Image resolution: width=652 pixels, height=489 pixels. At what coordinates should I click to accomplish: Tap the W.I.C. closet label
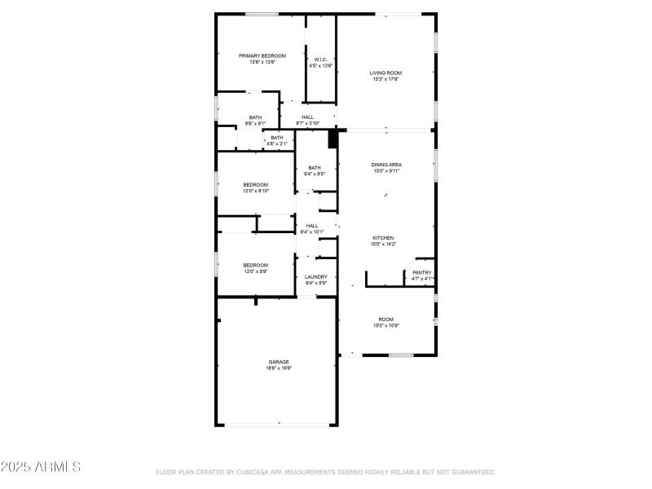point(320,59)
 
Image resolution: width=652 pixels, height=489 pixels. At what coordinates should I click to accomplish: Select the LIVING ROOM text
point(386,73)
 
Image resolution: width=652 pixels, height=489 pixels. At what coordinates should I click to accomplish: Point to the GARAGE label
point(279,362)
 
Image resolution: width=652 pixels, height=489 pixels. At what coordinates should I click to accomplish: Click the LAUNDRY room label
point(315,277)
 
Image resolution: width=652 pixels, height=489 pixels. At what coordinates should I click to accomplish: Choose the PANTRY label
point(422,272)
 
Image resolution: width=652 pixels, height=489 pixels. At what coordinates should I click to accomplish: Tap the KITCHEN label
point(387,237)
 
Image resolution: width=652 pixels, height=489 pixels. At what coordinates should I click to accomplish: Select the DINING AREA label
point(387,165)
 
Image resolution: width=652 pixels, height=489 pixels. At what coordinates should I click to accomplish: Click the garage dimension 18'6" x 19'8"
point(279,368)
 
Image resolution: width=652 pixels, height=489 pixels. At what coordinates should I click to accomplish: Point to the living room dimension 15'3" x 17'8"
point(386,79)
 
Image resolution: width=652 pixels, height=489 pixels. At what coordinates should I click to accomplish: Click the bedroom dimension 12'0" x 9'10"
point(256,192)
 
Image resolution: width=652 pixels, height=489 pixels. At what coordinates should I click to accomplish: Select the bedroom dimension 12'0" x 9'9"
point(256,271)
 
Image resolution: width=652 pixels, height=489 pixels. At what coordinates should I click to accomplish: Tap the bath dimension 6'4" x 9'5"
point(315,174)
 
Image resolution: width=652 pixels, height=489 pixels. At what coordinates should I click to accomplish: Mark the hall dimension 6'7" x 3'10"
point(307,124)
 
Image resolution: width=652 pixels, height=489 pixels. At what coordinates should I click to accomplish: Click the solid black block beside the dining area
point(333,139)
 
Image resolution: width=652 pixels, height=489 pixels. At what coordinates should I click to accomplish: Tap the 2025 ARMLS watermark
point(41,467)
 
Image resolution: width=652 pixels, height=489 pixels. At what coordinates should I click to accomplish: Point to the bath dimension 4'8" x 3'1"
point(277,143)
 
